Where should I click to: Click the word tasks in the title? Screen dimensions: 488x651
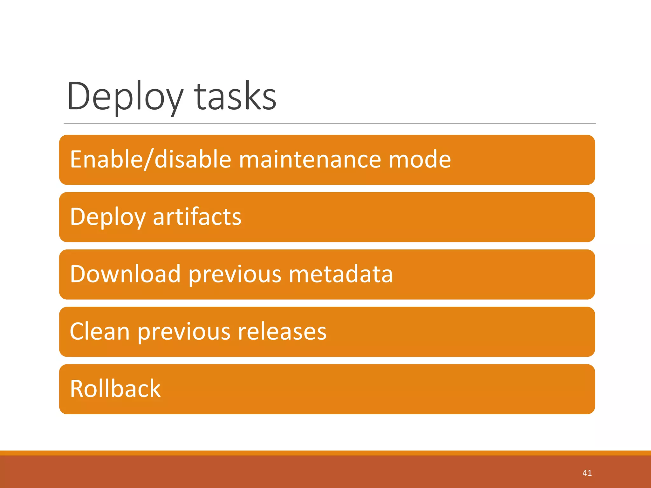(235, 97)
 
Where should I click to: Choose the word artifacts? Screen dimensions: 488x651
(197, 217)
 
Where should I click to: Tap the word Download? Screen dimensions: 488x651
(125, 274)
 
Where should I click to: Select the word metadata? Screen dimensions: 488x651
(340, 274)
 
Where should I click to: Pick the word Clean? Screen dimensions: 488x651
(99, 331)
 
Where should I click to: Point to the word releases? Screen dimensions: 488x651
(282, 331)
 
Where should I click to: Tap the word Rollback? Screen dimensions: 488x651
(115, 389)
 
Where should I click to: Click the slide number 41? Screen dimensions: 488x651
(587, 473)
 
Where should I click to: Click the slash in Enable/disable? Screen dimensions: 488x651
(149, 159)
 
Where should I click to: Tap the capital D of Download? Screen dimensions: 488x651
(78, 274)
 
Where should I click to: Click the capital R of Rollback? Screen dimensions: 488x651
(77, 389)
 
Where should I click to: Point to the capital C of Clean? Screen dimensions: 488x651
(77, 331)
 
